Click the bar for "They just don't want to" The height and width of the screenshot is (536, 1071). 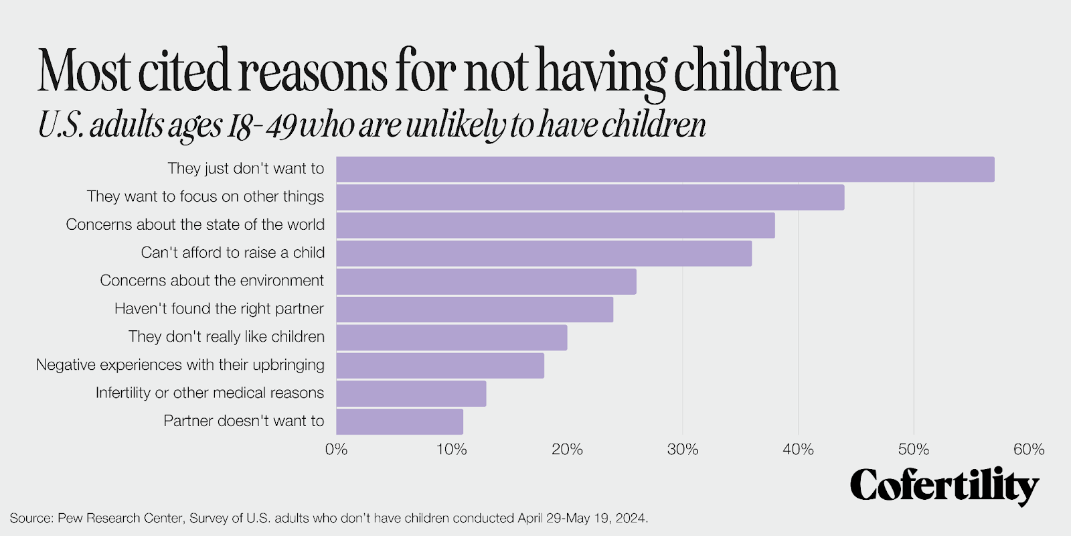(x=665, y=170)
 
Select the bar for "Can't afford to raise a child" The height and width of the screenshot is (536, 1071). (x=544, y=254)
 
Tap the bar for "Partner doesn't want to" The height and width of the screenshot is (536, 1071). (x=400, y=422)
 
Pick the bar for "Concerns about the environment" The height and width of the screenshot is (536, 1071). (x=486, y=281)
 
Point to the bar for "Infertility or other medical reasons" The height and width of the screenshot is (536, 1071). (x=411, y=394)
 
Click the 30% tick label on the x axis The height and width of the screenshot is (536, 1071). (x=682, y=450)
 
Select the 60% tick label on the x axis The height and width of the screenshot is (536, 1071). (x=1028, y=450)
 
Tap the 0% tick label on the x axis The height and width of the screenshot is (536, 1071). (x=336, y=450)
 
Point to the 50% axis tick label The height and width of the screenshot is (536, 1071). (x=913, y=450)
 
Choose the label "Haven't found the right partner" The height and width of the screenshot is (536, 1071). (x=219, y=309)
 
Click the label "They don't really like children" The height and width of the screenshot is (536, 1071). (x=226, y=337)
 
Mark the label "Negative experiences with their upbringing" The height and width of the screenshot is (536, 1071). (x=180, y=365)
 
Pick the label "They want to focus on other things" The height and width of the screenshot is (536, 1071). (x=205, y=197)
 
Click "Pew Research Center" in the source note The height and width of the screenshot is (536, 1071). (x=120, y=519)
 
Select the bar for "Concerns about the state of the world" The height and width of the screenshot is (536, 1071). (x=556, y=226)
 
